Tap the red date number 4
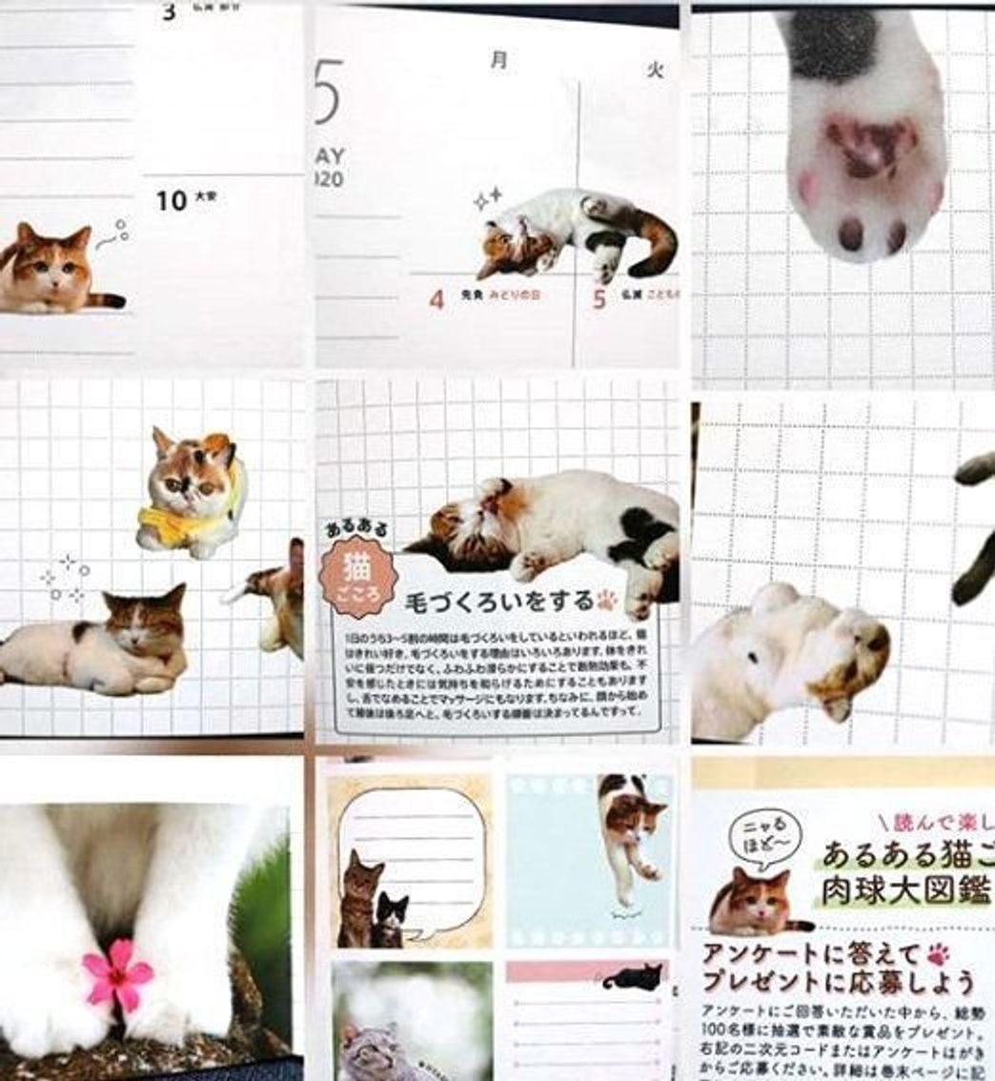coord(437,298)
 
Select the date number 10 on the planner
coord(172,201)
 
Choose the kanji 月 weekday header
coord(498,60)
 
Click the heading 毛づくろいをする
coord(499,602)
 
